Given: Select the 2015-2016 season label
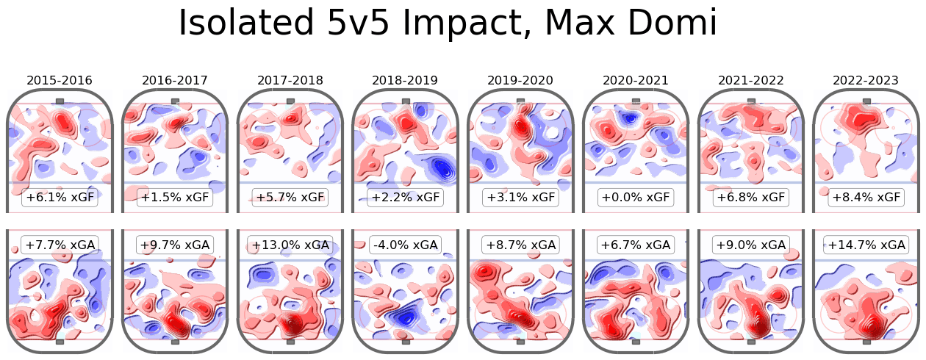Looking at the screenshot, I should (x=60, y=80).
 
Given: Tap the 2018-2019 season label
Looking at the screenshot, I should (x=406, y=80).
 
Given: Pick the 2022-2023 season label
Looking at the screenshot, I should (x=866, y=80).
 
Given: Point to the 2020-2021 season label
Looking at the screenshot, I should (x=636, y=80).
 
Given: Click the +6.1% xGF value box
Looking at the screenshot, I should (x=60, y=198).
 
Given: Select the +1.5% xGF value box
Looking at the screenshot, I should (x=175, y=198).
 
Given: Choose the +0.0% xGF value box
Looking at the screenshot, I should (x=636, y=198).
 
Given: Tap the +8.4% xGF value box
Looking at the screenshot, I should (x=866, y=198).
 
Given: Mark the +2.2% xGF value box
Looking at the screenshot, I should (x=406, y=198).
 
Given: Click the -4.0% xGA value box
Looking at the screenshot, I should (x=406, y=245).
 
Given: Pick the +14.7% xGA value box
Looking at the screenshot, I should (x=866, y=245).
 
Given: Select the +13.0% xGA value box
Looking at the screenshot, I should (x=290, y=245).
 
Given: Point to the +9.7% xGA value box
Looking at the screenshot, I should (x=175, y=245).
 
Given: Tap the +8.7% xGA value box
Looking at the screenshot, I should (x=521, y=245).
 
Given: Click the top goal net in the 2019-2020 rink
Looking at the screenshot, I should (x=521, y=101).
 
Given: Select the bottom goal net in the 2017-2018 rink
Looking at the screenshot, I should (x=290, y=342).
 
